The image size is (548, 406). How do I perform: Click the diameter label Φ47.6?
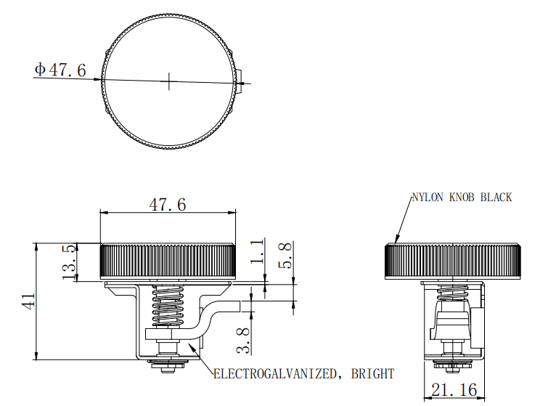60,70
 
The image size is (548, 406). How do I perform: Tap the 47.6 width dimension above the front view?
168,204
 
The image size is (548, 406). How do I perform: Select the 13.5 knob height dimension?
69,261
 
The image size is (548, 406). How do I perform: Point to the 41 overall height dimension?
28,301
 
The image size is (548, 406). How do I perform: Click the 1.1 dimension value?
257,251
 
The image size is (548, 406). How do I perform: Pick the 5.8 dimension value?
285,256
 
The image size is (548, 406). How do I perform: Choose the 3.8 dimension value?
243,340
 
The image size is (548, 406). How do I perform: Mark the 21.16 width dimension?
454,389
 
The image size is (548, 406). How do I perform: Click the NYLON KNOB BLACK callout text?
462,198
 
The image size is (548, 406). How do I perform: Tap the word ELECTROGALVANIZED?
275,374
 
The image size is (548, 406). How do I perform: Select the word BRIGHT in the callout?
372,374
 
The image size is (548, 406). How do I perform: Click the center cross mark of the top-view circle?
169,81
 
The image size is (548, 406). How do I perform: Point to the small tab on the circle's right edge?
239,81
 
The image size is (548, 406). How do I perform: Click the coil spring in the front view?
167,305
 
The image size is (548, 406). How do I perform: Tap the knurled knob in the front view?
168,261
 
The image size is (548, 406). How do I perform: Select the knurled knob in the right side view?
454,261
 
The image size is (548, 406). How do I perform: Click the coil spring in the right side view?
454,293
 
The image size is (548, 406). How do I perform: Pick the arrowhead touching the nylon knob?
396,240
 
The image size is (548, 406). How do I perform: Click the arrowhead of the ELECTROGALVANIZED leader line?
190,346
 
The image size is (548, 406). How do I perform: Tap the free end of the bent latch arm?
240,306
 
